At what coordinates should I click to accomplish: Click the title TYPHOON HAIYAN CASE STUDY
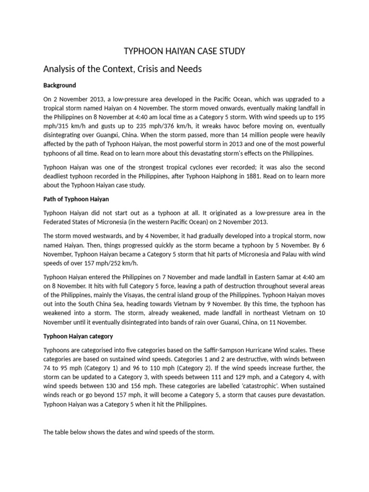coord(184,51)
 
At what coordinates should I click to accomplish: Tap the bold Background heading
coord(60,85)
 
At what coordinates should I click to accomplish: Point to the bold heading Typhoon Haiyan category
coord(78,336)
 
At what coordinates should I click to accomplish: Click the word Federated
coord(59,222)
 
